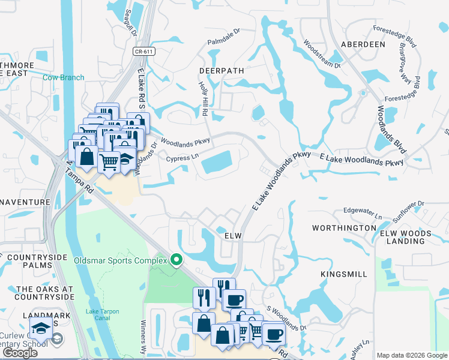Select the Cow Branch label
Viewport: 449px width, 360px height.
(x=63, y=77)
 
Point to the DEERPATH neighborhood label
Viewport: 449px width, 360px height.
(x=221, y=70)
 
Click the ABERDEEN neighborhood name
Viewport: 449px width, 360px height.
(x=363, y=44)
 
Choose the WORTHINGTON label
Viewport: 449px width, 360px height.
(x=344, y=228)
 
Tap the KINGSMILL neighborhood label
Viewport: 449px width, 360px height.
(x=343, y=274)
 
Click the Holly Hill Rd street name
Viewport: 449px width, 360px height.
(x=203, y=100)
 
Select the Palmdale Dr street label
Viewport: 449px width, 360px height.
(x=223, y=38)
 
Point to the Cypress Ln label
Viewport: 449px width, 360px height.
(x=182, y=158)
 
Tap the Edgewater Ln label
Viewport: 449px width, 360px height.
(x=362, y=212)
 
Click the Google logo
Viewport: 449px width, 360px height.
(x=19, y=353)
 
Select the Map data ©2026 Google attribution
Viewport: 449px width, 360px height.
(x=412, y=355)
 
